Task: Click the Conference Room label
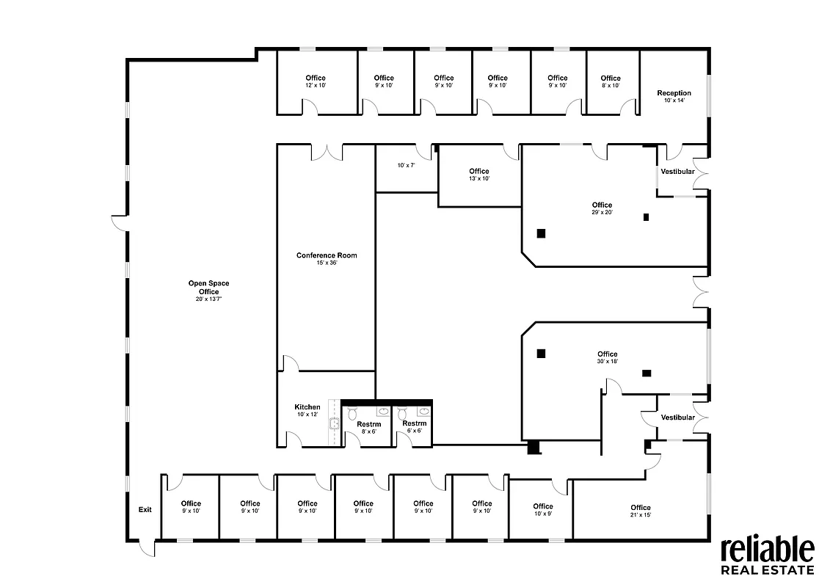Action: click(327, 255)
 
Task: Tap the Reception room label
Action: click(673, 93)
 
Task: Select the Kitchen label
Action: click(307, 407)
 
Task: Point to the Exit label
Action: click(145, 509)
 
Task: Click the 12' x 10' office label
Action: click(316, 79)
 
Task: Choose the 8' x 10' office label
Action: click(610, 79)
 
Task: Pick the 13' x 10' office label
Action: click(478, 172)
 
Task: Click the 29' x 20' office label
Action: click(601, 205)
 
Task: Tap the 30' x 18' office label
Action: click(607, 354)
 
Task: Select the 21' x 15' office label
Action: click(640, 508)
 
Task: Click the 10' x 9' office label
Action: click(542, 506)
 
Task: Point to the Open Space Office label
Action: click(203, 288)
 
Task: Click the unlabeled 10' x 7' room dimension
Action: click(406, 166)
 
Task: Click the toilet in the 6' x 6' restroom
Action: click(403, 415)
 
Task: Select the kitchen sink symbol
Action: click(334, 423)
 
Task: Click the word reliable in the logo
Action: click(766, 550)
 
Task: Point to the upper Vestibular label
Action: click(677, 171)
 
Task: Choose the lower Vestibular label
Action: click(677, 417)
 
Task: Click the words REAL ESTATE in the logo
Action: click(767, 570)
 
